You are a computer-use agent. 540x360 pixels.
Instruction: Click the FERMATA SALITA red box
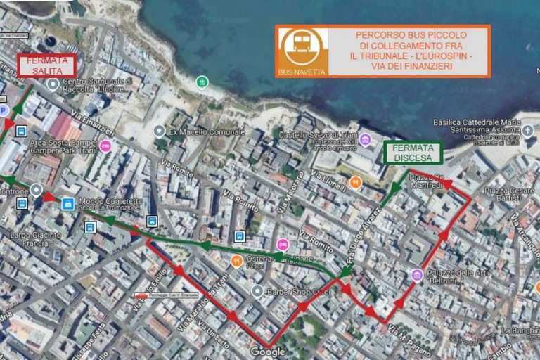[47, 65]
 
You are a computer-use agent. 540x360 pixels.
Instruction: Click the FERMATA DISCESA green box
[413, 153]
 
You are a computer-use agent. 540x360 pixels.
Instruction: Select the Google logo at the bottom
[268, 352]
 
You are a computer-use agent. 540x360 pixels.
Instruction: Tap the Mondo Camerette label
[110, 201]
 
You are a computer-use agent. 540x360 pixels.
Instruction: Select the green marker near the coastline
[202, 82]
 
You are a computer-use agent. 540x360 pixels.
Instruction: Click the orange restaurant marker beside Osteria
[237, 261]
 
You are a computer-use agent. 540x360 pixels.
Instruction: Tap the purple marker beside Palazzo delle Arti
[417, 274]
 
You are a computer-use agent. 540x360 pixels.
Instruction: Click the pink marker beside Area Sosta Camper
[105, 146]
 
